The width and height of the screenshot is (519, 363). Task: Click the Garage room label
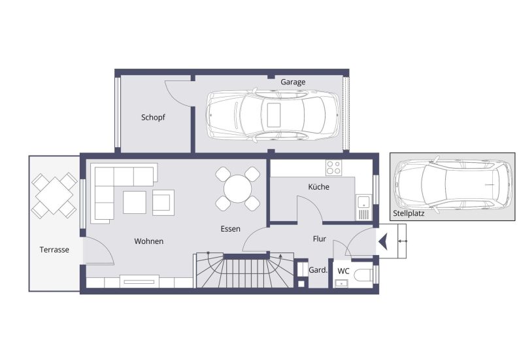click(293, 82)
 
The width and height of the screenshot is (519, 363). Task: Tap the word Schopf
click(153, 118)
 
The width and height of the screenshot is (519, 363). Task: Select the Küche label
click(319, 187)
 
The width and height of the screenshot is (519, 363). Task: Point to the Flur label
click(319, 239)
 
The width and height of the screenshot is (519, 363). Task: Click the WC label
click(343, 271)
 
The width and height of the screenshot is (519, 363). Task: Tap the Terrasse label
click(54, 249)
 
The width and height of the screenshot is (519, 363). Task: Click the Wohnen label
click(149, 241)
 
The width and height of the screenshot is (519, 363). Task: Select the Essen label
click(230, 229)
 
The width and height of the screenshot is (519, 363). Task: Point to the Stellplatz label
click(409, 214)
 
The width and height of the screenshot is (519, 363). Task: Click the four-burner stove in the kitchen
click(333, 167)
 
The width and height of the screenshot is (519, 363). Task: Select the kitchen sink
click(363, 202)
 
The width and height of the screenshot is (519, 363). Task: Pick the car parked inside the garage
click(273, 115)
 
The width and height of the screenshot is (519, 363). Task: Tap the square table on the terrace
click(54, 195)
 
